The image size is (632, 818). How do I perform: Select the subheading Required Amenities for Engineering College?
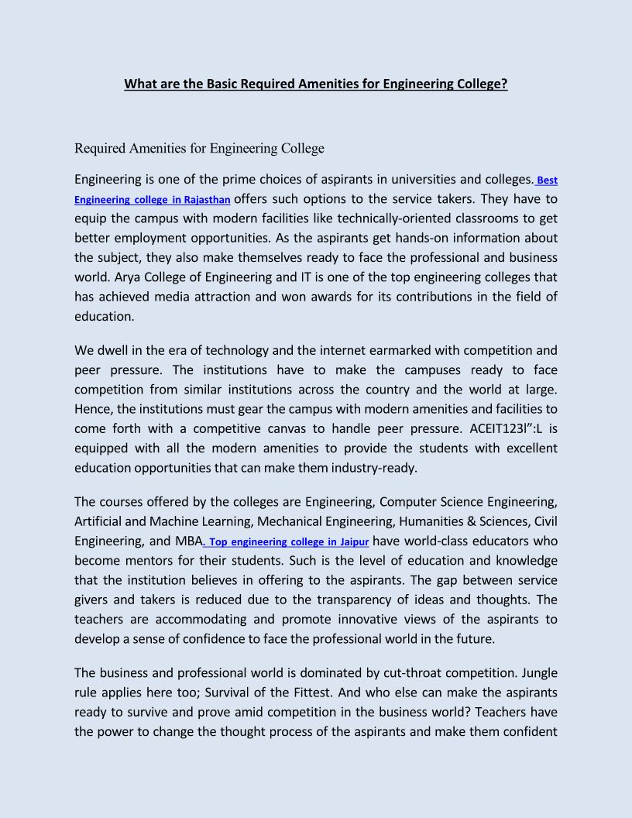click(x=199, y=148)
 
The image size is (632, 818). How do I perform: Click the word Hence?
click(x=92, y=409)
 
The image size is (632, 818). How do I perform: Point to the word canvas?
click(x=307, y=429)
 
